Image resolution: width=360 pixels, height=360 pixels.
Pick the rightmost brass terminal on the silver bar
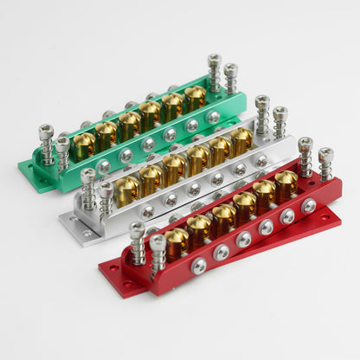[241, 139]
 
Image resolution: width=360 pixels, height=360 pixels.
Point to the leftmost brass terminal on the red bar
[177, 241]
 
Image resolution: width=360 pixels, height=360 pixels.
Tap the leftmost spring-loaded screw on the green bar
[46, 142]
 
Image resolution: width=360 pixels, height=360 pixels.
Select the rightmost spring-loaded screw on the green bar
[231, 78]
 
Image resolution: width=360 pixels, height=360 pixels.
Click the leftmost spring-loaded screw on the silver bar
[88, 188]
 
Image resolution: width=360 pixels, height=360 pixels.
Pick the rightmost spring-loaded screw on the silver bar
[280, 121]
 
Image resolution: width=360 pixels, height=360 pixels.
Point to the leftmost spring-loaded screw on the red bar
[138, 241]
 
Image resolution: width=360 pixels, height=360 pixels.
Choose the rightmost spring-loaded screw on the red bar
[325, 164]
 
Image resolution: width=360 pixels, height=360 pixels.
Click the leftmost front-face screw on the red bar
[199, 266]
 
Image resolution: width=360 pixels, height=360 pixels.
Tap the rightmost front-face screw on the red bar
[309, 206]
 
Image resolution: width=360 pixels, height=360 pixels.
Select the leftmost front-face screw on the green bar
[104, 167]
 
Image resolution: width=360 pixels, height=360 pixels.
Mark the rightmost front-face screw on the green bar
[213, 117]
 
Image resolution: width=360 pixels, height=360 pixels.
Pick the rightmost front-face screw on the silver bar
[260, 160]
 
